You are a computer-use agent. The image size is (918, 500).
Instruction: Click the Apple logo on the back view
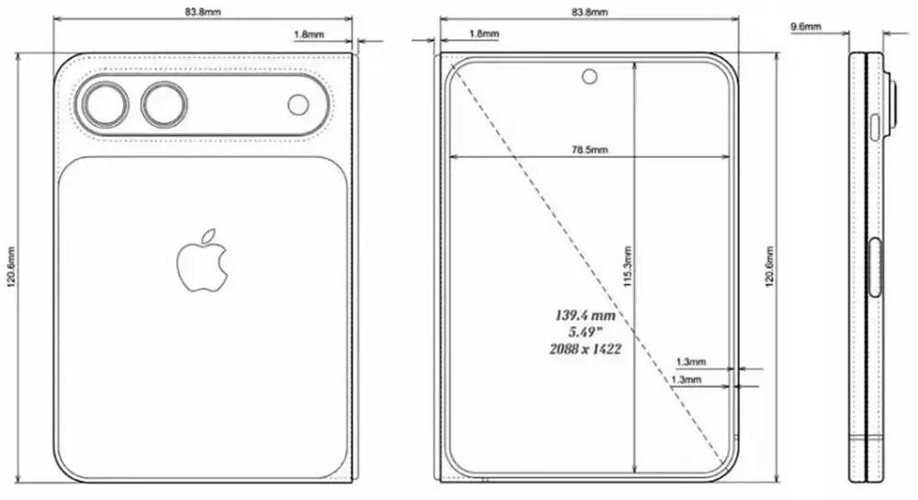click(201, 262)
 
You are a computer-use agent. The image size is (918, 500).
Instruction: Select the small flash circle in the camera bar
click(298, 105)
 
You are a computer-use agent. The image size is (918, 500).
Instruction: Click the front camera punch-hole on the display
click(588, 76)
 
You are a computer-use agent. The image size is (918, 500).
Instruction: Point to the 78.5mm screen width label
click(588, 149)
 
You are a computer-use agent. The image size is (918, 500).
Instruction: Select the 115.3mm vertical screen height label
click(627, 267)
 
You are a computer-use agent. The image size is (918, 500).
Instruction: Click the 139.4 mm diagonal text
click(584, 314)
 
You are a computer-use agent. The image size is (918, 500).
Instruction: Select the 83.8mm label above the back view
click(203, 12)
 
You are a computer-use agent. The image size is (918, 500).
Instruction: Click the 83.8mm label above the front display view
click(588, 12)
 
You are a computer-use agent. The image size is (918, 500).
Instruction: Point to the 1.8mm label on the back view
click(308, 34)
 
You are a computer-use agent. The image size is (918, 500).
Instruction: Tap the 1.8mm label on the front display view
click(483, 34)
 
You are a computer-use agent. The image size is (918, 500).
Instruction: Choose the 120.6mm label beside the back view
click(11, 267)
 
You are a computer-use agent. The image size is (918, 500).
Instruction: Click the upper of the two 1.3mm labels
click(689, 362)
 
